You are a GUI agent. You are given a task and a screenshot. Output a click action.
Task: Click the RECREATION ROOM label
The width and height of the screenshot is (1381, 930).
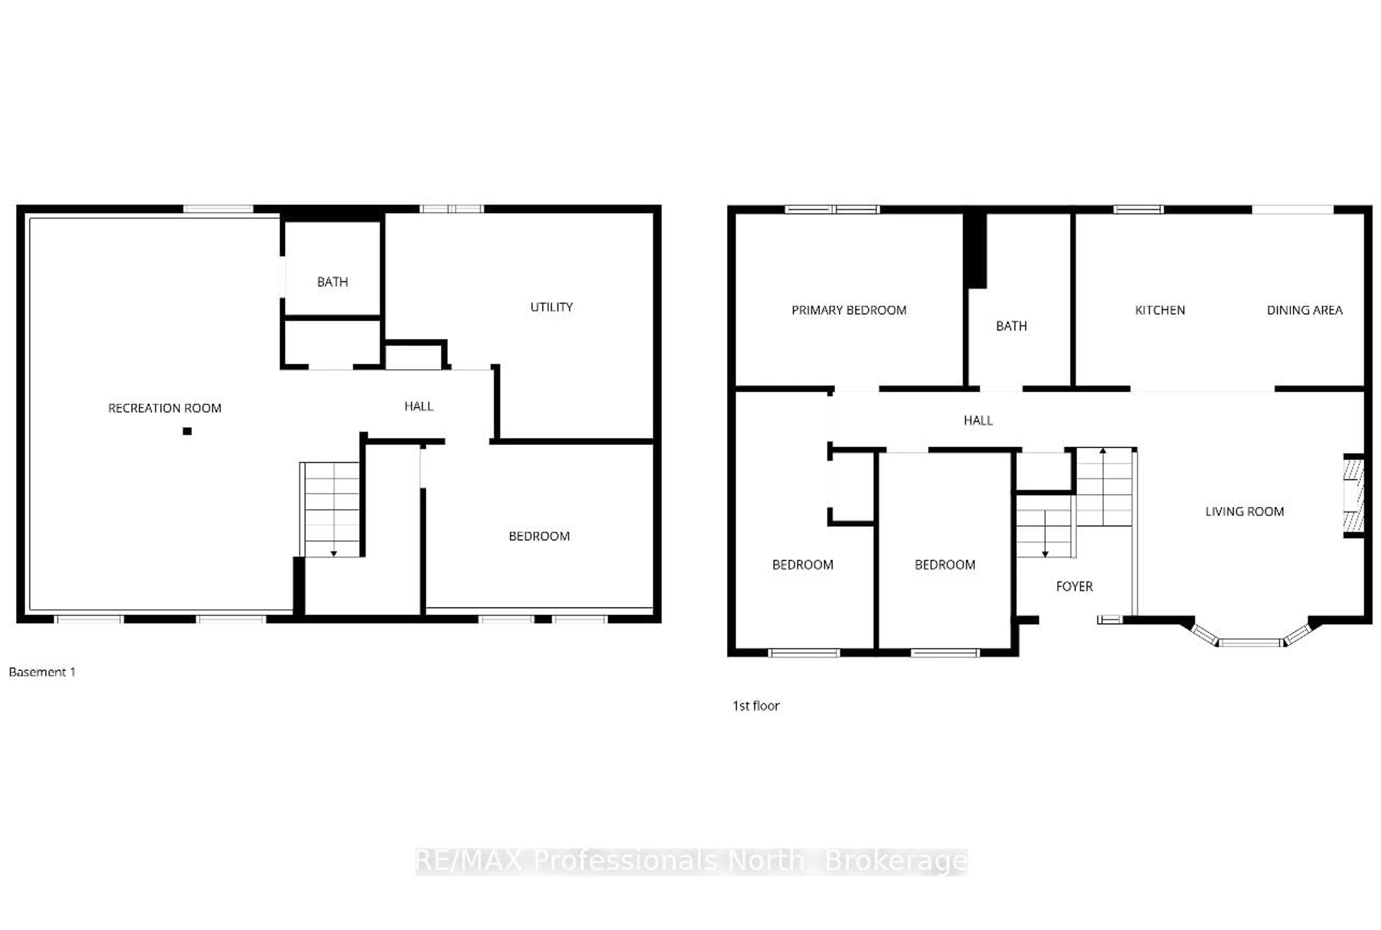(164, 408)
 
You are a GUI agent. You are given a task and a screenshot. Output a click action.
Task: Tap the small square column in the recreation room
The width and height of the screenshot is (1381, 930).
(187, 431)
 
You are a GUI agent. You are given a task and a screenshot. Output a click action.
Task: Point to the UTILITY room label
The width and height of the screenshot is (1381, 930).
(551, 307)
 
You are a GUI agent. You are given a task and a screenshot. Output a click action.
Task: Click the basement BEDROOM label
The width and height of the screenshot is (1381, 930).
(539, 536)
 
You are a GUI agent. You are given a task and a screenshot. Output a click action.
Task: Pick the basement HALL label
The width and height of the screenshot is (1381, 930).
(419, 406)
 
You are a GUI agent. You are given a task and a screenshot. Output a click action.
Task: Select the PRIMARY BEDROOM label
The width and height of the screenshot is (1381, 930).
(849, 310)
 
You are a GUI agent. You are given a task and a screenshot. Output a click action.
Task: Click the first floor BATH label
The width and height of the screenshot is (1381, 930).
(1011, 326)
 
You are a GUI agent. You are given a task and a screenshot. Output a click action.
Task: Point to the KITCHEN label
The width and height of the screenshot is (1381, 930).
(1160, 310)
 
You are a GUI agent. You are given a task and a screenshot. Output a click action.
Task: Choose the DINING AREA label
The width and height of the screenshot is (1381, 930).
(1304, 310)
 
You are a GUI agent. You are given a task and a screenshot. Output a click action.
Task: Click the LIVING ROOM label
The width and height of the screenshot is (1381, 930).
(1244, 511)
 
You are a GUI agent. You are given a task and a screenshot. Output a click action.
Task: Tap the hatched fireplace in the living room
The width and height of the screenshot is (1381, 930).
(1353, 495)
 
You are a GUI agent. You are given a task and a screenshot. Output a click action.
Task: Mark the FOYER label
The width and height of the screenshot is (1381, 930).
(1074, 587)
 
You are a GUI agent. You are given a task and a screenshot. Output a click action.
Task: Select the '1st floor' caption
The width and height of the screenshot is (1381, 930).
(756, 706)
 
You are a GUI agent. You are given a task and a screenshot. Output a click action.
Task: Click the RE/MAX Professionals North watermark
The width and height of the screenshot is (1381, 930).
(691, 861)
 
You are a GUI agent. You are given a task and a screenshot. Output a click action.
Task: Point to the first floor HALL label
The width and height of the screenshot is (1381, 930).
(978, 420)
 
